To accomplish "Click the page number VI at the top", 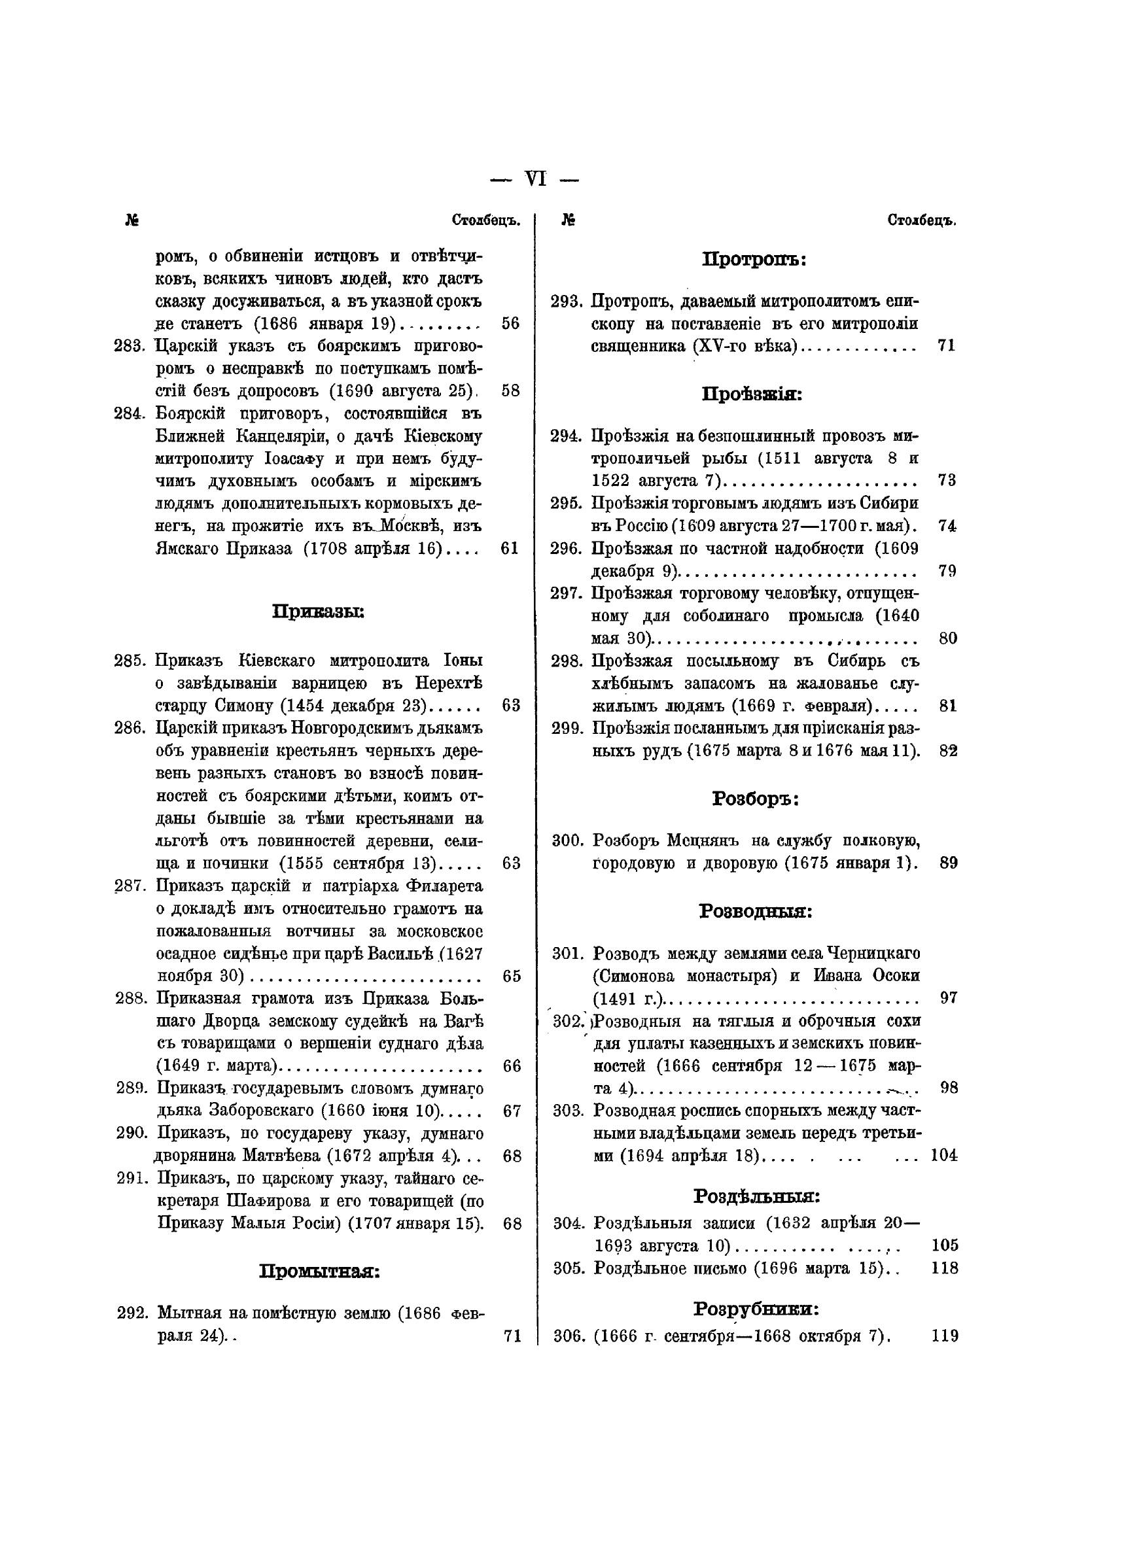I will pyautogui.click(x=535, y=179).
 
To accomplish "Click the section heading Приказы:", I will pyautogui.click(x=319, y=612).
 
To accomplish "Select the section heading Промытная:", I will pyautogui.click(x=319, y=1271).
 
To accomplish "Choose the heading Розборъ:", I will pyautogui.click(x=756, y=799).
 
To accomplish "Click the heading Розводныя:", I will pyautogui.click(x=756, y=911).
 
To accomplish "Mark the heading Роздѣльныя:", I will pyautogui.click(x=756, y=1196).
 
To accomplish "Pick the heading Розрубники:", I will pyautogui.click(x=756, y=1308).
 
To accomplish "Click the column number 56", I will pyautogui.click(x=510, y=323).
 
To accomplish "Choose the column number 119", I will pyautogui.click(x=945, y=1336).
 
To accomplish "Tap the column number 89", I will pyautogui.click(x=948, y=863).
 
